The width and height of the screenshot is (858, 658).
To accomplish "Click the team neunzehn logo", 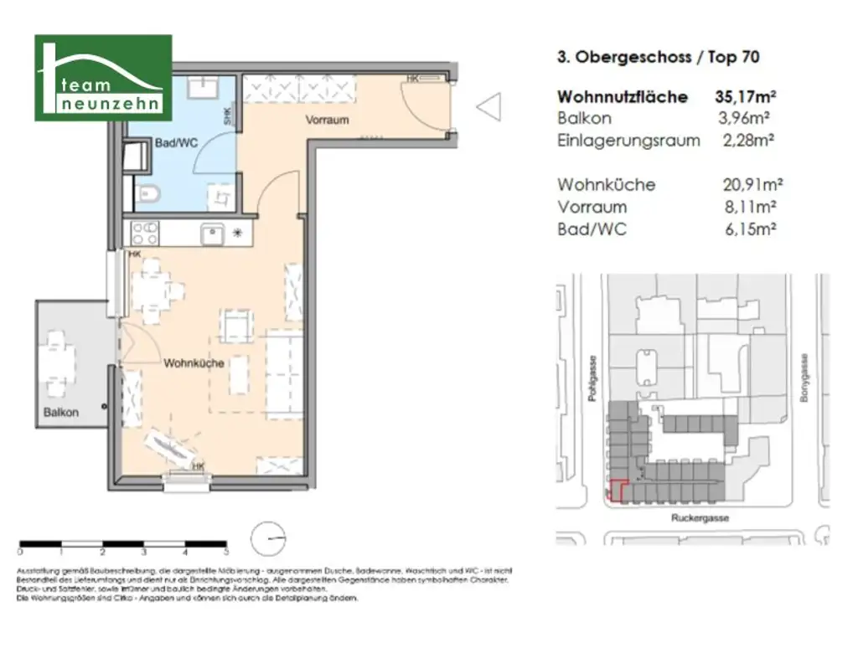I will pos(103,78).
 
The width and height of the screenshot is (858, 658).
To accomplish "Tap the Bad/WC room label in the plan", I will pos(176,143).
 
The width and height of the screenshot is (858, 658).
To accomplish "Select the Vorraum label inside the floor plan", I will pos(327,120).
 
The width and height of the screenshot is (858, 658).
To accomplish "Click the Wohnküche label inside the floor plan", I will pos(194,363).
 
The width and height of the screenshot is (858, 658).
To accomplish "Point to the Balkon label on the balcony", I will pos(61,412).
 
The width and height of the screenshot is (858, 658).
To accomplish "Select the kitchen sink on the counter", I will pos(212,234).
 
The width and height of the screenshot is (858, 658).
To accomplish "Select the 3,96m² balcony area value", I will pos(747,118).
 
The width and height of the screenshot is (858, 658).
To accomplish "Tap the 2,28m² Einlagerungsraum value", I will pos(747,140).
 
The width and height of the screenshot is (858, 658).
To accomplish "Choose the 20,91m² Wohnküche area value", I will pos(752,184).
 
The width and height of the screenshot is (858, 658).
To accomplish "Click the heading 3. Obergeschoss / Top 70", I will pos(658,57).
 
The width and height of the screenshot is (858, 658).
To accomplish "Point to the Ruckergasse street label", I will pos(700,518).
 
